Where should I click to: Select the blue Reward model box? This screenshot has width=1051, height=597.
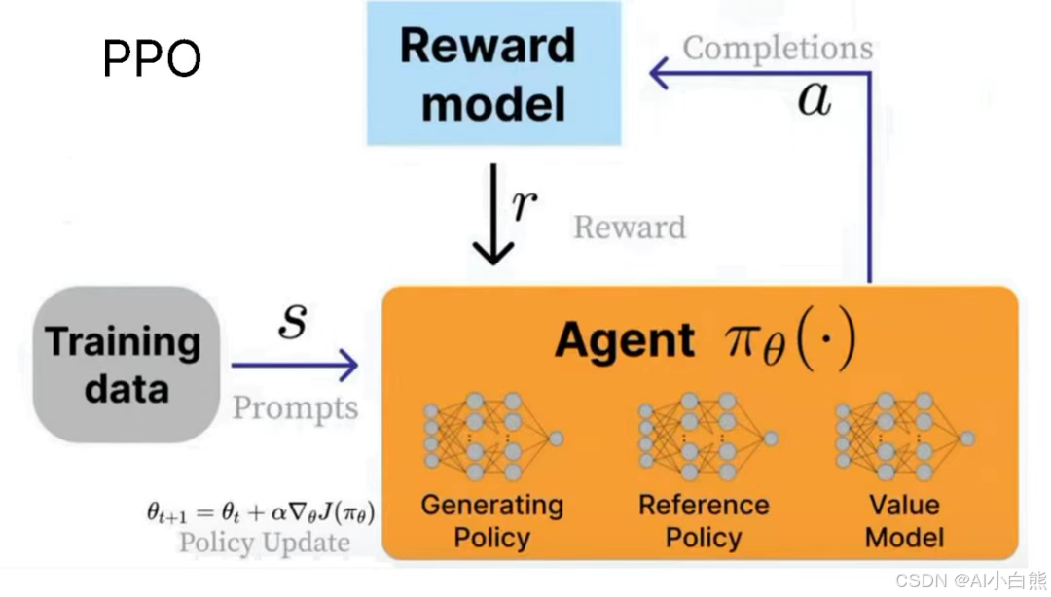[x=493, y=74]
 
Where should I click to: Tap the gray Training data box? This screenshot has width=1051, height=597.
[x=126, y=365]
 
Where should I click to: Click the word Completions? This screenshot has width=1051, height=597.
[x=778, y=48]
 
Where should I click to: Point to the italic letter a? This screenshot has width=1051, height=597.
[x=814, y=98]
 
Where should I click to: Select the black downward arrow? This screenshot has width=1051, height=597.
[x=493, y=216]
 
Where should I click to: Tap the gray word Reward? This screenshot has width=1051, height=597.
[x=630, y=228]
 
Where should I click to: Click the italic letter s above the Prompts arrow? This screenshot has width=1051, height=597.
[x=292, y=320]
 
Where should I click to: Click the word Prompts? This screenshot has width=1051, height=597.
[x=295, y=407]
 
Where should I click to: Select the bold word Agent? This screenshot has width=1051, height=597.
[x=625, y=340]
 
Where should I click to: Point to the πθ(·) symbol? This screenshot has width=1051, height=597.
[x=789, y=341]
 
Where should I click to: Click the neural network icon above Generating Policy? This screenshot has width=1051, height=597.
[x=492, y=437]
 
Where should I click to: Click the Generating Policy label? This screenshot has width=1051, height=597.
[x=492, y=521]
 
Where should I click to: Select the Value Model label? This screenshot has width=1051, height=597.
[x=904, y=521]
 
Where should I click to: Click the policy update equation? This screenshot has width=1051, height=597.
[x=261, y=511]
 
